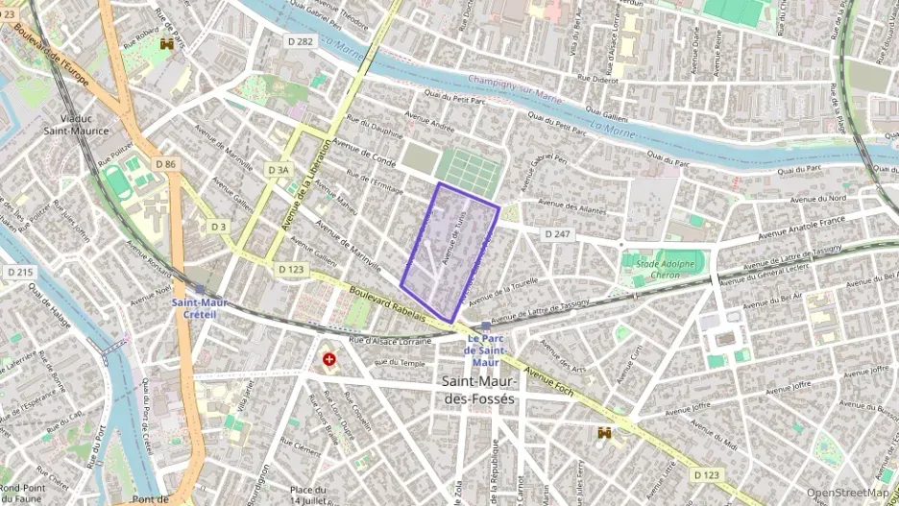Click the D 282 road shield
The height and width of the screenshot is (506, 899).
[300, 41]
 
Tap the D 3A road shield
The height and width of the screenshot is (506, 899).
[278, 170]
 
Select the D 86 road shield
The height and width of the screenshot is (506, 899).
[165, 164]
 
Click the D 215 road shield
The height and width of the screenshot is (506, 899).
[20, 273]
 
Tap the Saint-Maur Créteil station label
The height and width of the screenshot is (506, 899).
[198, 308]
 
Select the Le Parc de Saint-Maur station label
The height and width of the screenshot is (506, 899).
[486, 350]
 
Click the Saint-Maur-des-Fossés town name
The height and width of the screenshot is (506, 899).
[478, 389]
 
